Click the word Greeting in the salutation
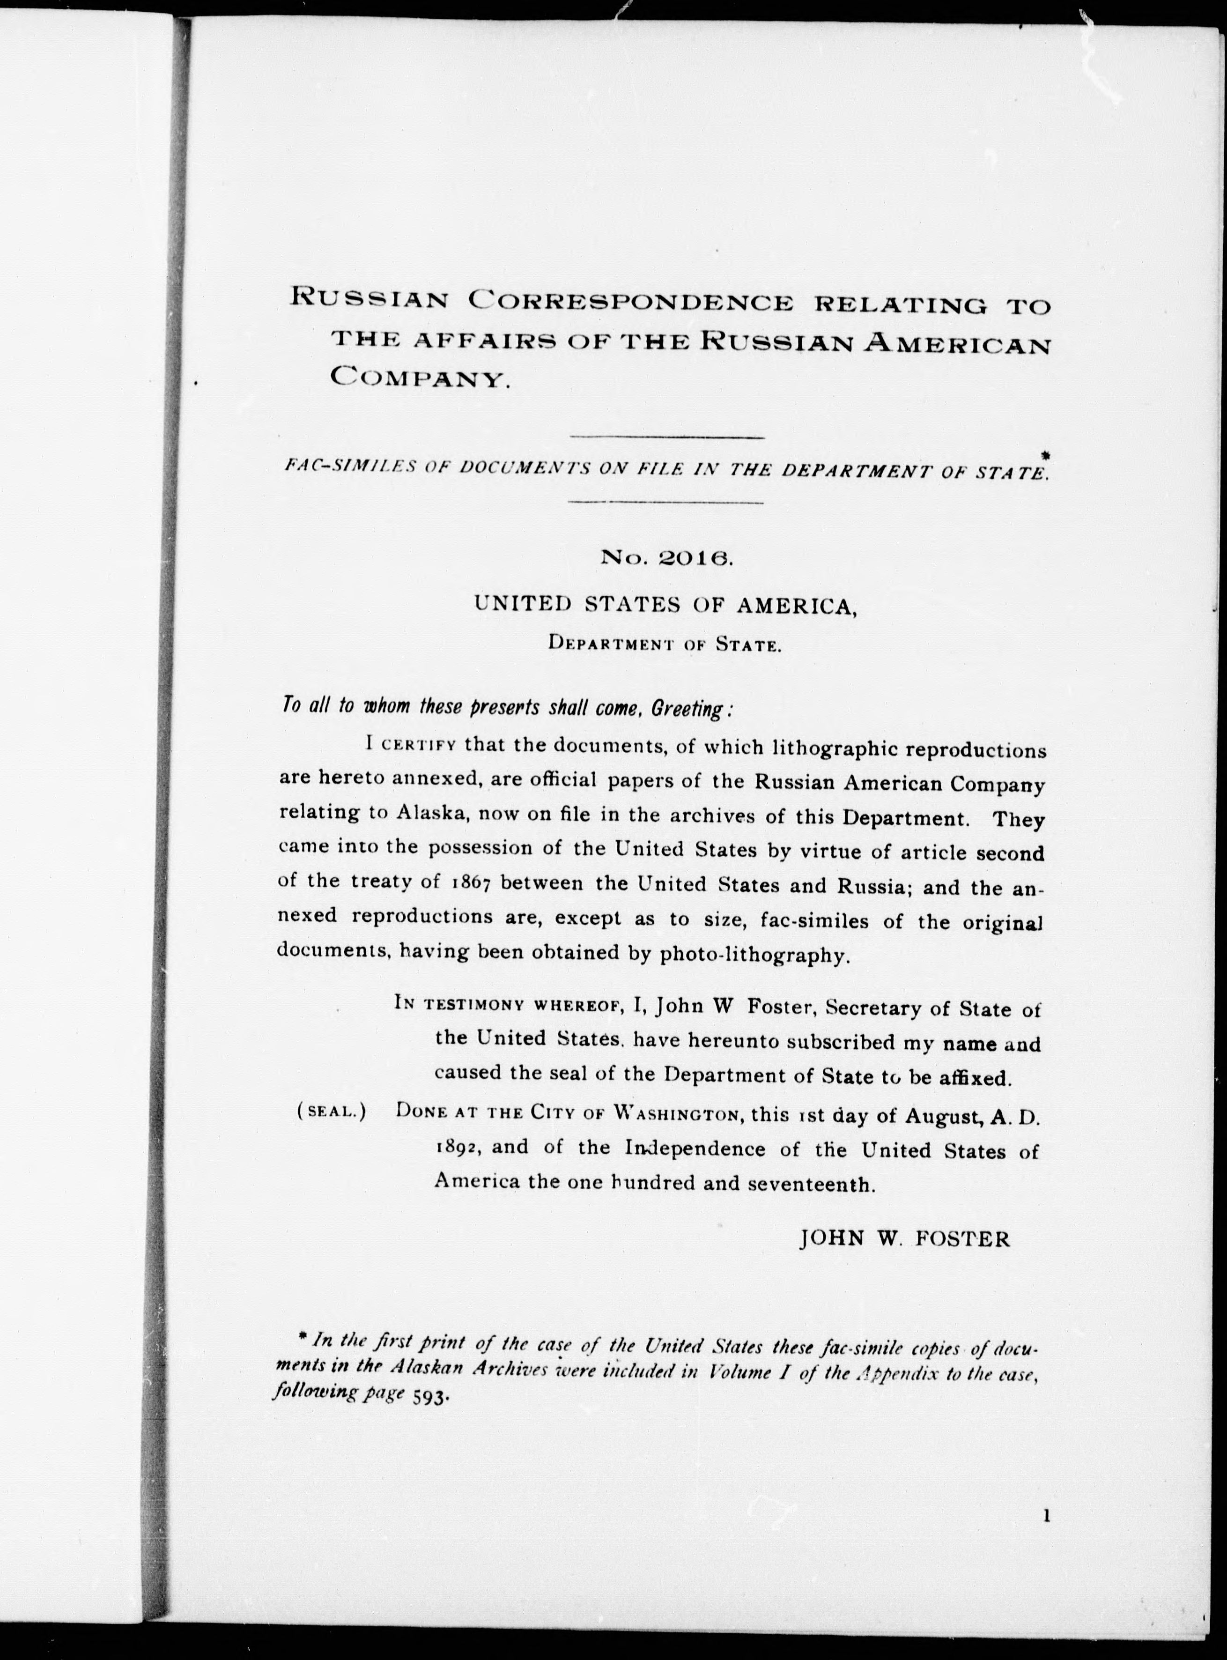point(687,709)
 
